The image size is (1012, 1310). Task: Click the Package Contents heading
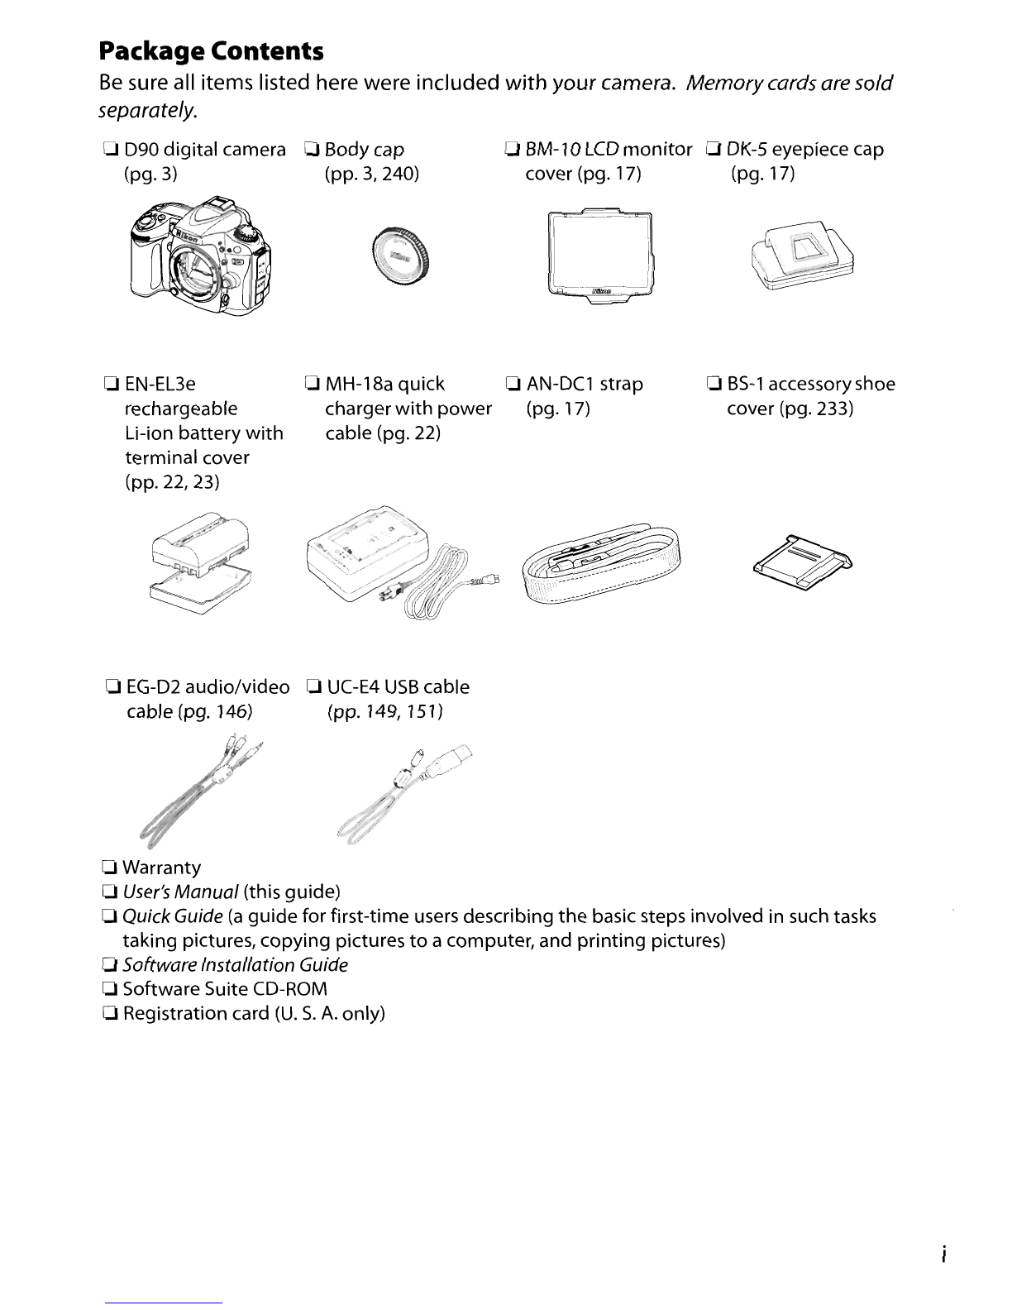point(211,51)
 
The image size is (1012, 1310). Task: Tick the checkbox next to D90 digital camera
point(110,149)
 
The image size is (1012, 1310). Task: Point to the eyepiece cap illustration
point(802,255)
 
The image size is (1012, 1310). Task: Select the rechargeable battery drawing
point(201,562)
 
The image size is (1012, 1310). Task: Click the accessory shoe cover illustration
point(802,562)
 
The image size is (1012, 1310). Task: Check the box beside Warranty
point(109,868)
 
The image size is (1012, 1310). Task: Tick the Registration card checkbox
point(110,1013)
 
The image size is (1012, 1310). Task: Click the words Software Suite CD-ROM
point(225,988)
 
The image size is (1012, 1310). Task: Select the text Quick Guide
point(172,916)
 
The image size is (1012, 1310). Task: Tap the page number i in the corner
point(943,1255)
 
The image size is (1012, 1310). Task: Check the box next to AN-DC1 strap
point(513,384)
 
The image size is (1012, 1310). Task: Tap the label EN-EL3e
point(160,384)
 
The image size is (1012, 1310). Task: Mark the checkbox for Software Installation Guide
point(109,964)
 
